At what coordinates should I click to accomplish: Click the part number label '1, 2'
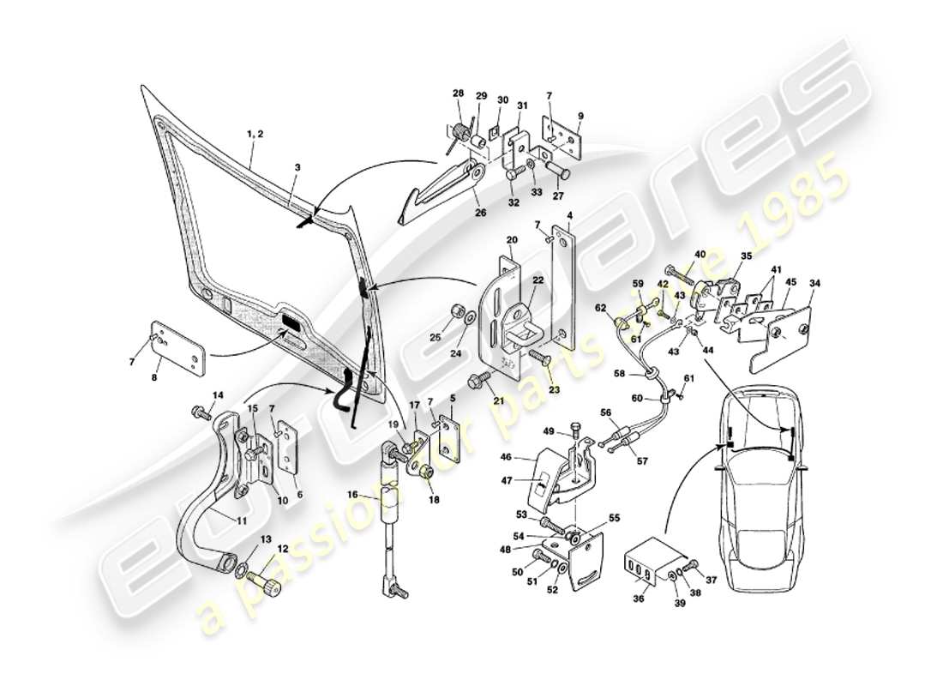pyautogui.click(x=255, y=135)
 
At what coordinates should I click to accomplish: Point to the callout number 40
pyautogui.click(x=700, y=254)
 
